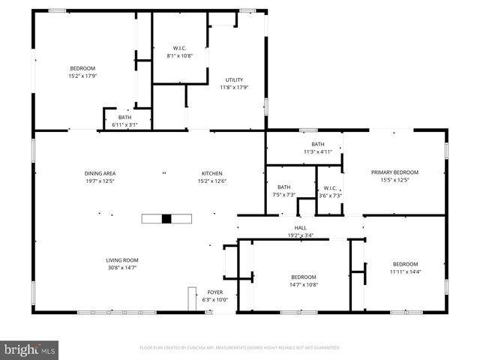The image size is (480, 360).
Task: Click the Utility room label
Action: [x=235, y=79]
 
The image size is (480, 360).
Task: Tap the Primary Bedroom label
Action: [x=394, y=172]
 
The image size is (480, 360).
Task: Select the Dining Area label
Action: [x=100, y=173]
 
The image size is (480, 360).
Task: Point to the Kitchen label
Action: [x=211, y=173]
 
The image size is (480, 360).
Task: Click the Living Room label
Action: [x=121, y=260]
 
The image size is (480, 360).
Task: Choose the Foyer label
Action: [x=214, y=292]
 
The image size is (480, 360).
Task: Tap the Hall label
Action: [x=300, y=228]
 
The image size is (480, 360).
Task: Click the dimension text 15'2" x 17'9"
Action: [x=83, y=76]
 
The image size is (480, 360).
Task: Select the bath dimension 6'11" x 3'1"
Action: [x=124, y=124]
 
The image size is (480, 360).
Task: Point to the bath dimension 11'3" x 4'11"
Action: [x=318, y=151]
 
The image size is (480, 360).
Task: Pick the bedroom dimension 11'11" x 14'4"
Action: [x=405, y=271]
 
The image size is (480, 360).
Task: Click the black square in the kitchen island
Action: [x=166, y=219]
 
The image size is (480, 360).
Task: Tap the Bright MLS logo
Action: [x=30, y=349]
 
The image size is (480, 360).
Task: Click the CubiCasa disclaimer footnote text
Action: [x=240, y=348]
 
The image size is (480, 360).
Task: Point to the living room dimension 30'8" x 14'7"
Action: [x=121, y=268]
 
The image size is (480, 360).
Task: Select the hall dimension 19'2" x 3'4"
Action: [x=300, y=235]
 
